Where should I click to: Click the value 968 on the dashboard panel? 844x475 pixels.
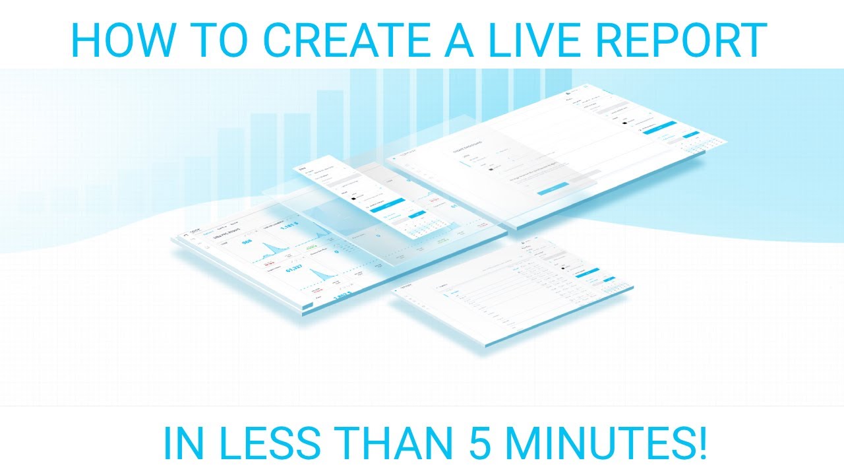point(247,242)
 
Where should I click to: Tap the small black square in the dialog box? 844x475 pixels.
point(491,169)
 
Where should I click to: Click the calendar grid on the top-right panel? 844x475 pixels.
point(692,145)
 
